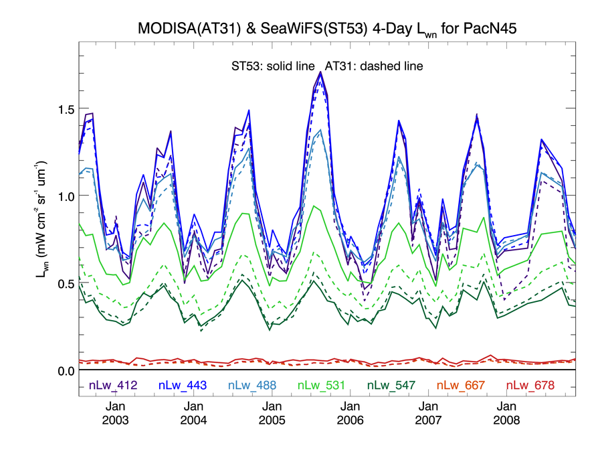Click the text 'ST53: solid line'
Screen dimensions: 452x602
(270, 66)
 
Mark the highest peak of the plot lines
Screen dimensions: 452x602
(321, 72)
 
